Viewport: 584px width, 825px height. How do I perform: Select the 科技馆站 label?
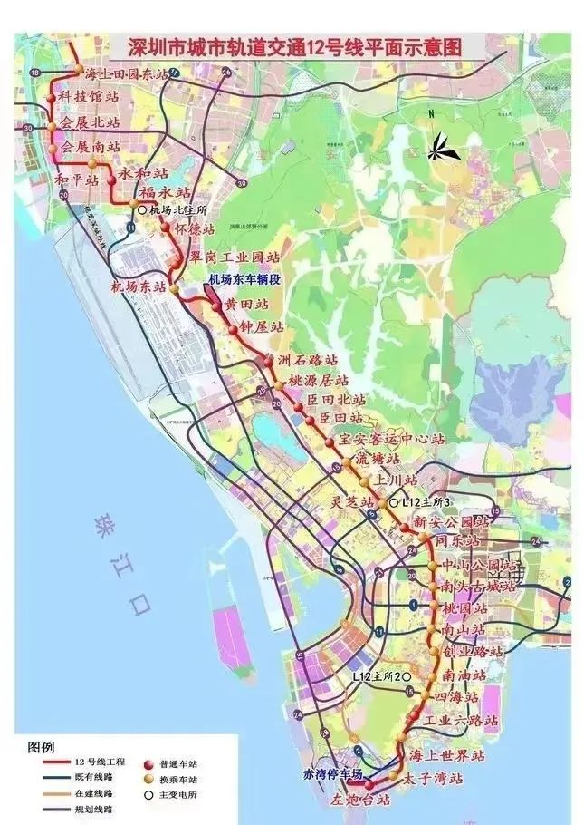coord(90,96)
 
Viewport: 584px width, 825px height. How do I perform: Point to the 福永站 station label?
coord(166,193)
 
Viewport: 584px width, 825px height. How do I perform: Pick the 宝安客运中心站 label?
coord(391,439)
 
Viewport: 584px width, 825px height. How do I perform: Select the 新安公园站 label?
coord(451,522)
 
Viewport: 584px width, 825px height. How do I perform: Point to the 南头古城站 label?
coord(478,586)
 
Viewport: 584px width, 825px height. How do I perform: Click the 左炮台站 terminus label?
coord(359,801)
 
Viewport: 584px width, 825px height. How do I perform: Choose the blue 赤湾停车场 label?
coord(332,773)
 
